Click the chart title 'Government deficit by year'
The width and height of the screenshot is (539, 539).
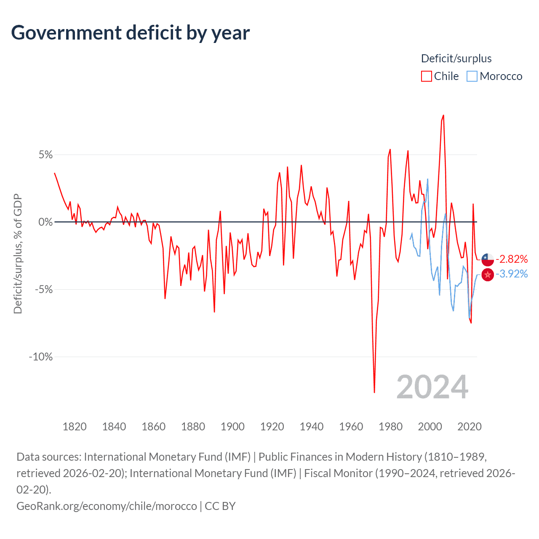tap(131, 33)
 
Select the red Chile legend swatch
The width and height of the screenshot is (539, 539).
tap(426, 76)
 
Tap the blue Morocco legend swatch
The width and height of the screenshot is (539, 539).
tap(472, 76)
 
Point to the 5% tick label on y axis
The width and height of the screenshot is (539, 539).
tap(46, 155)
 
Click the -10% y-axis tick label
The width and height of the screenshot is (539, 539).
tap(41, 357)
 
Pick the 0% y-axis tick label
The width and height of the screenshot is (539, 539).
tap(46, 222)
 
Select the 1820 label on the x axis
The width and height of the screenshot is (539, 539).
tap(75, 427)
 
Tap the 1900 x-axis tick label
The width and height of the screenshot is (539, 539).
tap(232, 427)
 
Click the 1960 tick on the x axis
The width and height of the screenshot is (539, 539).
tap(351, 427)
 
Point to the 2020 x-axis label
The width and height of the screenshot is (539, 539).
tap(470, 427)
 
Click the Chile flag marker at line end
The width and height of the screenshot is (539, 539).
tap(488, 259)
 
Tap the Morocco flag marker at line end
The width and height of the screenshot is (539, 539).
tap(488, 275)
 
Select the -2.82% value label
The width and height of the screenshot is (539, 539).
tap(512, 259)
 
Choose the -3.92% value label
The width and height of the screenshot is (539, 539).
tap(512, 274)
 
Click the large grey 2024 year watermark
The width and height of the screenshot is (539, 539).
tap(432, 387)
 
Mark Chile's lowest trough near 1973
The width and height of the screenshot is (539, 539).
tap(374, 392)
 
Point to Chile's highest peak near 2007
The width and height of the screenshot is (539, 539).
tap(443, 115)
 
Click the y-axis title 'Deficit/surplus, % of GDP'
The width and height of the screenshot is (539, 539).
tap(18, 253)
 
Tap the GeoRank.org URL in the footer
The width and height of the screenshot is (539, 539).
tap(107, 506)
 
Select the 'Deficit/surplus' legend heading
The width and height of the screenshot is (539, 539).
tap(456, 59)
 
